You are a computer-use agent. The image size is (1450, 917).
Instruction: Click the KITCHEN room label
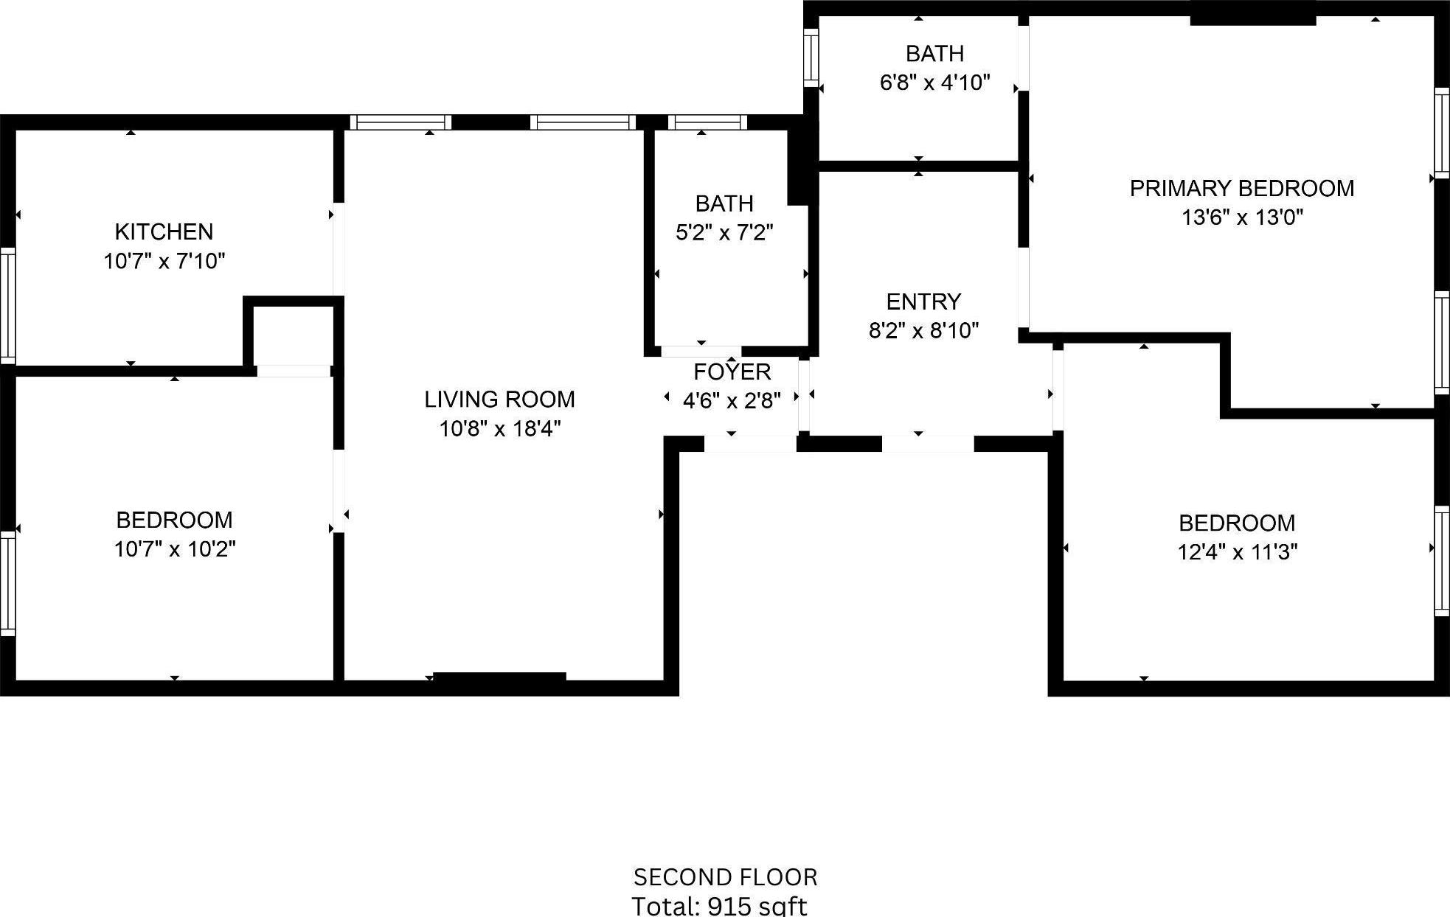164,232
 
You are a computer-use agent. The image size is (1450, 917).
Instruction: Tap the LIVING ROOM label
499,400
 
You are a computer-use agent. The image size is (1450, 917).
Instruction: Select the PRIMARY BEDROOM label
1242,189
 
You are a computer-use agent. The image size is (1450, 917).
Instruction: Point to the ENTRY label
923,302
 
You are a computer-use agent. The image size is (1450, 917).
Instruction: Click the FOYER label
732,372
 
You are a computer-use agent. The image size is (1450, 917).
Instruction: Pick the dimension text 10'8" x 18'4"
500,429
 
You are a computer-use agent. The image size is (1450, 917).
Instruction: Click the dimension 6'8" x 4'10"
934,83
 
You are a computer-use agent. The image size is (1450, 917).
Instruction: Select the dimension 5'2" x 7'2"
724,233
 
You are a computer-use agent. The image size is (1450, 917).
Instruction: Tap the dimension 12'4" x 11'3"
1237,552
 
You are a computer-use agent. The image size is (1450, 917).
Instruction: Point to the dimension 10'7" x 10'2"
175,549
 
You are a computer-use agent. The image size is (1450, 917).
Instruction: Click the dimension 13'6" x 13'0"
1242,218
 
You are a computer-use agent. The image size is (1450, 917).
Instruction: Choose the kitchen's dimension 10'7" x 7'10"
164,262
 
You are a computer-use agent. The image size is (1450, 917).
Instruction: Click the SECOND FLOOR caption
725,877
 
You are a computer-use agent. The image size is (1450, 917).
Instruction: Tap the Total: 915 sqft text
719,906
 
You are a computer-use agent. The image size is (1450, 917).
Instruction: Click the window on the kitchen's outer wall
7,306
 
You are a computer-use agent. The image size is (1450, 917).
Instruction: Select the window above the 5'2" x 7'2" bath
707,122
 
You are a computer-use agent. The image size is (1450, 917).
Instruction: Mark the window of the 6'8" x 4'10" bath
811,57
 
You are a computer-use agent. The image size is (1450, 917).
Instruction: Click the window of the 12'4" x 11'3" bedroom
1441,560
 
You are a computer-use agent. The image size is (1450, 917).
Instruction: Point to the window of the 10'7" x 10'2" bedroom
7,584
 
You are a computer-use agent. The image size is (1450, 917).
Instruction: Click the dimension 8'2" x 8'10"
923,331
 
